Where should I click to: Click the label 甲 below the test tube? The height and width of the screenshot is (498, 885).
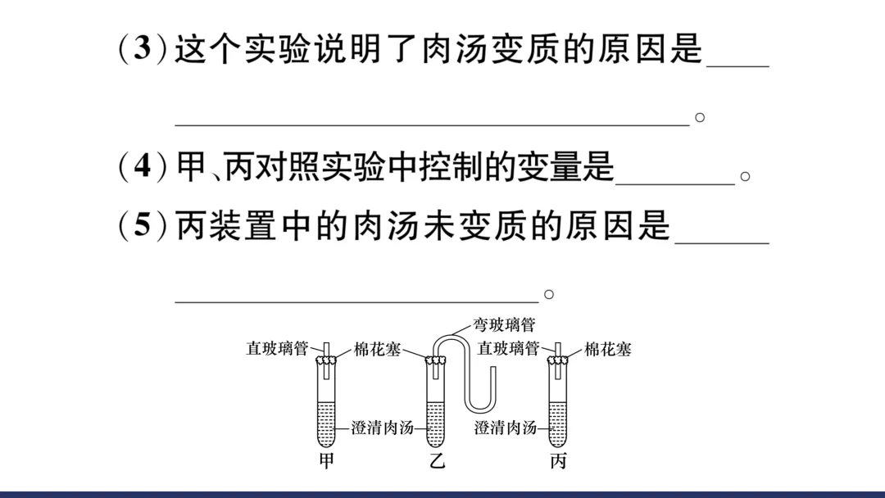326,462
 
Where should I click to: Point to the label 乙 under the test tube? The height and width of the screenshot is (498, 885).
438,462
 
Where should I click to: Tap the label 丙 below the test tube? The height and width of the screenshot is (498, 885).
558,462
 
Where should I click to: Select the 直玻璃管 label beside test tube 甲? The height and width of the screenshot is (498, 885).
277,349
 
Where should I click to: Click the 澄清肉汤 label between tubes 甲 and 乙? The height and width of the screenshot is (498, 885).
382,428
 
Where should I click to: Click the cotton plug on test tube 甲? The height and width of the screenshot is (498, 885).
327,360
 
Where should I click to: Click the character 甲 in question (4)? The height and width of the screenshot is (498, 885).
191,168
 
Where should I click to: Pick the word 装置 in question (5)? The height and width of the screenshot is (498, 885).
243,226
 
